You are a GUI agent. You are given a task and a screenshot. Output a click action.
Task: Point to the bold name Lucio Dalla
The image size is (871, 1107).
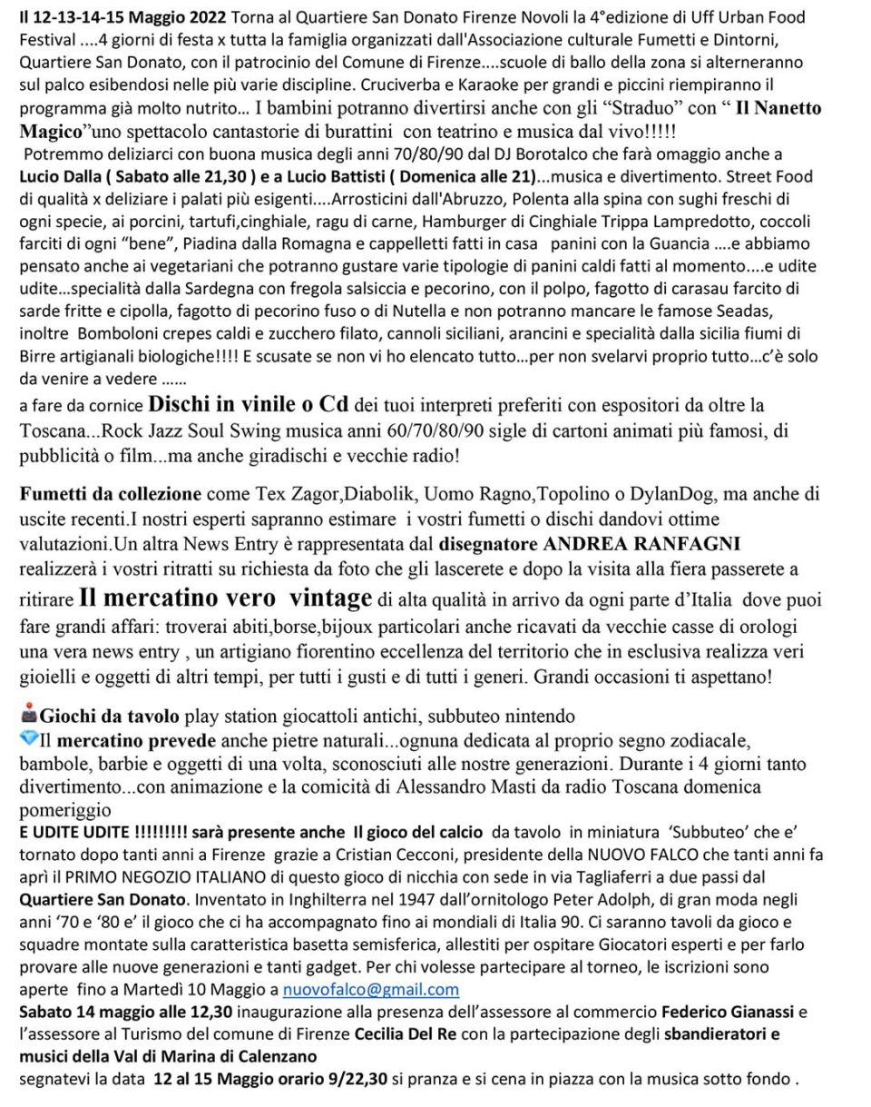coord(60,176)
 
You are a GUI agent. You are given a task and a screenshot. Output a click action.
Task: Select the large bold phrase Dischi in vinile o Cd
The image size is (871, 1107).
coord(249,403)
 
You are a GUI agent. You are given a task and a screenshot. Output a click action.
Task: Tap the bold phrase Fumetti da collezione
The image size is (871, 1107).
coord(111,495)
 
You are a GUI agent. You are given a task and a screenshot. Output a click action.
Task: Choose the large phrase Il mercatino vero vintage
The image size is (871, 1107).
coord(225,598)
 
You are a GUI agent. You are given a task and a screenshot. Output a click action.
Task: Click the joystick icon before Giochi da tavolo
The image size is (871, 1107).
coord(28,713)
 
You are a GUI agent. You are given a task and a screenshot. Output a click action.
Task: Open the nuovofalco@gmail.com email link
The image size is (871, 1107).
coord(370,989)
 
